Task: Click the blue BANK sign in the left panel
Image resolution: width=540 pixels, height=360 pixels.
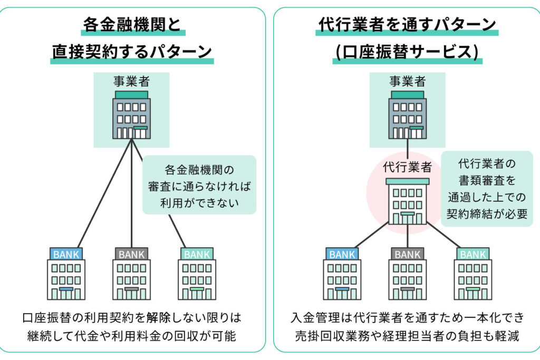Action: [x=66, y=254]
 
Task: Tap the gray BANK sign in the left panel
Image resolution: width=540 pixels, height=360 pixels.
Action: [x=131, y=254]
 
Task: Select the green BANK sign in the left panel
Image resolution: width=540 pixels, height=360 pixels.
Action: [x=197, y=254]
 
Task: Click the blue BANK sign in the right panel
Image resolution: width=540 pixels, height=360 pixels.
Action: [x=342, y=254]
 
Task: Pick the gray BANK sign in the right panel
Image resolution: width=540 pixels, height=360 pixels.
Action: [x=408, y=254]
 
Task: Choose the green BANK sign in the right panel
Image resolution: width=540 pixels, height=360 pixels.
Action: [x=473, y=254]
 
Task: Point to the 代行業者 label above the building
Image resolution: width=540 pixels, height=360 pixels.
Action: [x=407, y=168]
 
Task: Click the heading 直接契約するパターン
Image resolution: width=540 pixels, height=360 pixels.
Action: [x=132, y=52]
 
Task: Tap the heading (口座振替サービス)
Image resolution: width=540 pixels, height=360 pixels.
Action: [x=407, y=52]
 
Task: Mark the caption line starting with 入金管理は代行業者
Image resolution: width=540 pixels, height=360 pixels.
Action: [x=408, y=318]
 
